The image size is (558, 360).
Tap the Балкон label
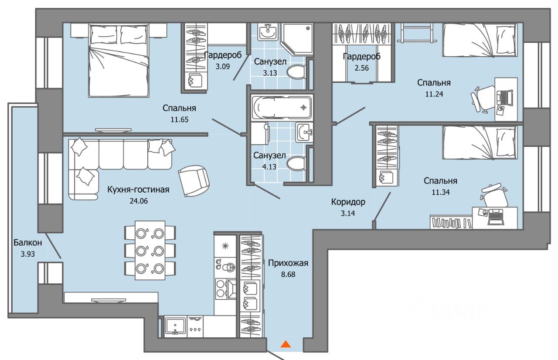tap(27, 242)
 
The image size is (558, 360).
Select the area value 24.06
tap(139, 201)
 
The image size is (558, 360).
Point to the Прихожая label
tap(288, 263)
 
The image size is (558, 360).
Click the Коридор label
tap(348, 202)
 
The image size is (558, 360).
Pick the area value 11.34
tap(440, 192)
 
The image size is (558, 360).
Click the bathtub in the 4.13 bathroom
tap(281, 108)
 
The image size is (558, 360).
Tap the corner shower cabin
tap(297, 39)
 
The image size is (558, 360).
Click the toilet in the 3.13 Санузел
tap(296, 72)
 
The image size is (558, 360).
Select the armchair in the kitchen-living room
tap(194, 181)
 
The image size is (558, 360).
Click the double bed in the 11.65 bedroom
tap(119, 60)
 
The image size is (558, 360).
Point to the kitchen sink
tap(175, 326)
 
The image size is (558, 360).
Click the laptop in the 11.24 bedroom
tap(505, 97)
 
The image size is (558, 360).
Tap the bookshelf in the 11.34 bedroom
tap(451, 222)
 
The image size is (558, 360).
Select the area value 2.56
tap(361, 68)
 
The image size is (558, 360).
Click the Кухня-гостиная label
tap(138, 190)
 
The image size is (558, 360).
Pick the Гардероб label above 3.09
tap(223, 55)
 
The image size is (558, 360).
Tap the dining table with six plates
tap(150, 250)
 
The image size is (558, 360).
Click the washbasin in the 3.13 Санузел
tap(267, 33)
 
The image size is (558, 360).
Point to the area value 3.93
tap(27, 254)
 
